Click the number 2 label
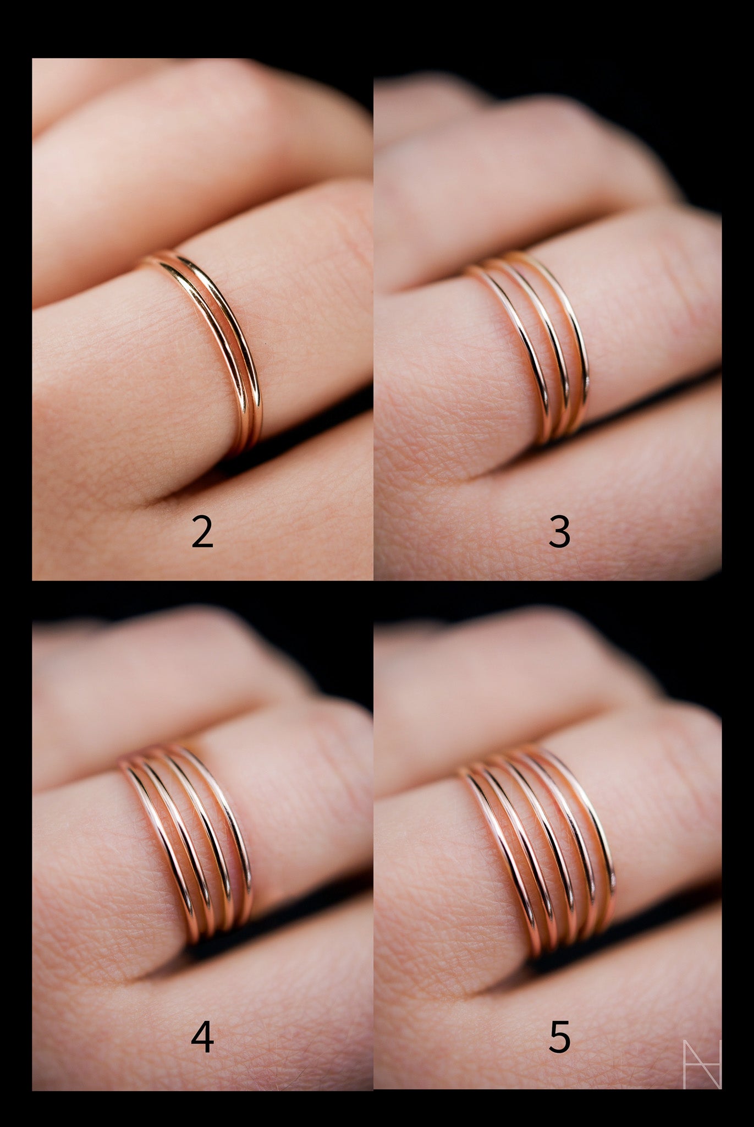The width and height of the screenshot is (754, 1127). click(x=202, y=533)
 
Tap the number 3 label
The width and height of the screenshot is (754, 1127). click(x=559, y=533)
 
